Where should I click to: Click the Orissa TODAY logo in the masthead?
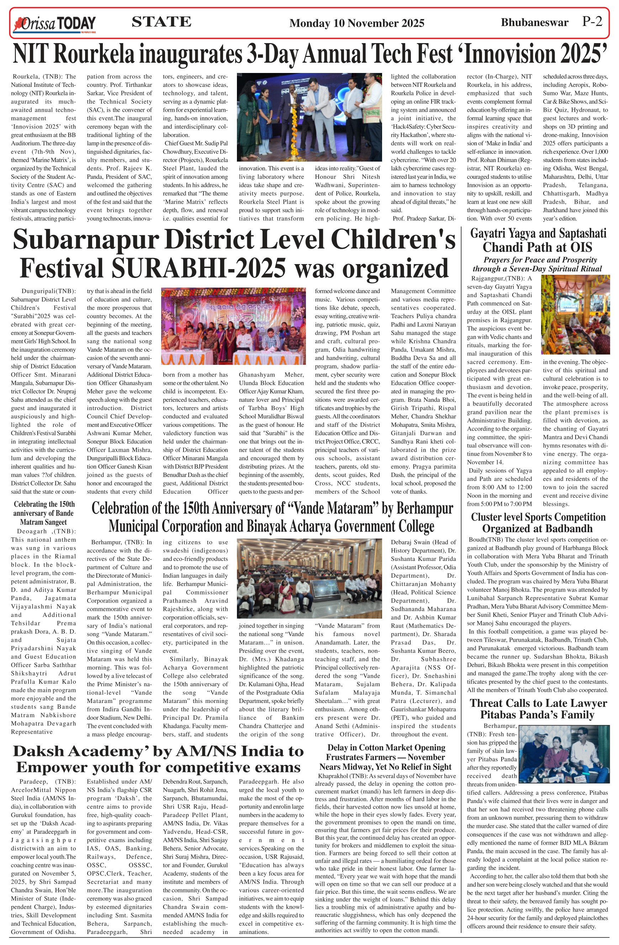pyautogui.click(x=55, y=23)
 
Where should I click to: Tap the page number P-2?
pyautogui.click(x=592, y=21)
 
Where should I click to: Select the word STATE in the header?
pyautogui.click(x=161, y=22)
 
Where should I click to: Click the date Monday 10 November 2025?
pyautogui.click(x=357, y=23)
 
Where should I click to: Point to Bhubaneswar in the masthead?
pyautogui.click(x=534, y=23)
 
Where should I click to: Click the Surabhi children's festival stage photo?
pyautogui.click(x=233, y=326)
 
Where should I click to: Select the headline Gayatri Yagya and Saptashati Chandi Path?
pyautogui.click(x=538, y=240)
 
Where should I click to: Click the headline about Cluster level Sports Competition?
pyautogui.click(x=538, y=523)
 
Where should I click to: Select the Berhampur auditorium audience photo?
pyautogui.click(x=309, y=578)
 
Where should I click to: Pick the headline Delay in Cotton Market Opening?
pyautogui.click(x=385, y=756)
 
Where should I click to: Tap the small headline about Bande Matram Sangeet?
pyautogui.click(x=44, y=513)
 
